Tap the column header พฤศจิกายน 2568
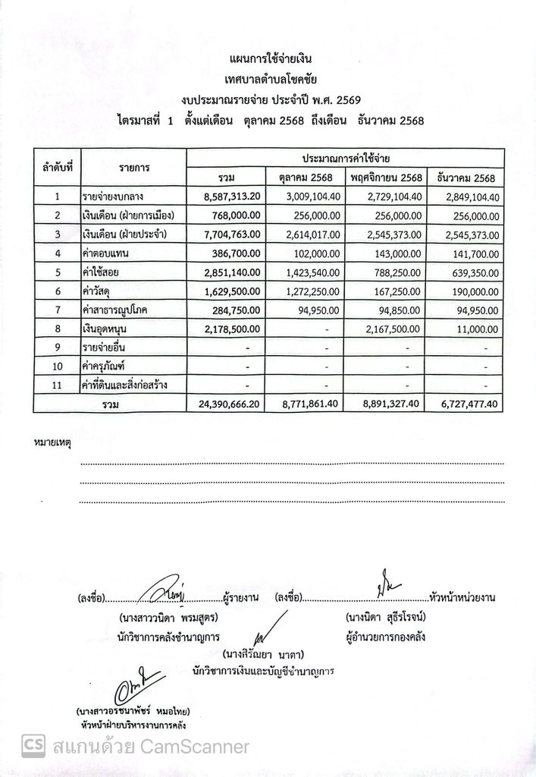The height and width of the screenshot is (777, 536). coord(386,178)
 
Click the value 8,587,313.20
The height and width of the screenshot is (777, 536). coord(233,197)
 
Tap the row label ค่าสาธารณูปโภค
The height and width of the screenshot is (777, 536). coord(118,310)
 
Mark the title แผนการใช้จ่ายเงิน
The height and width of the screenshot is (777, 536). coord(270,58)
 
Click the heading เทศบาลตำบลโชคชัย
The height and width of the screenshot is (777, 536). coord(270,78)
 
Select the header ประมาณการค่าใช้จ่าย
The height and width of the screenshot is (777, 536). coord(346,158)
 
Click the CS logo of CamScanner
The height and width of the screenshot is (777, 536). coord(33,746)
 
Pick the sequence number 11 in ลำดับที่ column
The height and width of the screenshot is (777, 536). coord(57,385)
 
